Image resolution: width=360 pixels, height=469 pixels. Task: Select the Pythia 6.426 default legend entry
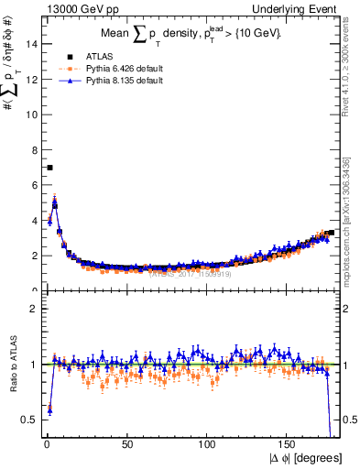[x=100, y=68]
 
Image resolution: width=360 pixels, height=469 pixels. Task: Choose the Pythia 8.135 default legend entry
[x=100, y=81]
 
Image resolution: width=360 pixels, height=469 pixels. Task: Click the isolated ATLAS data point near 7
[x=49, y=168]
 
